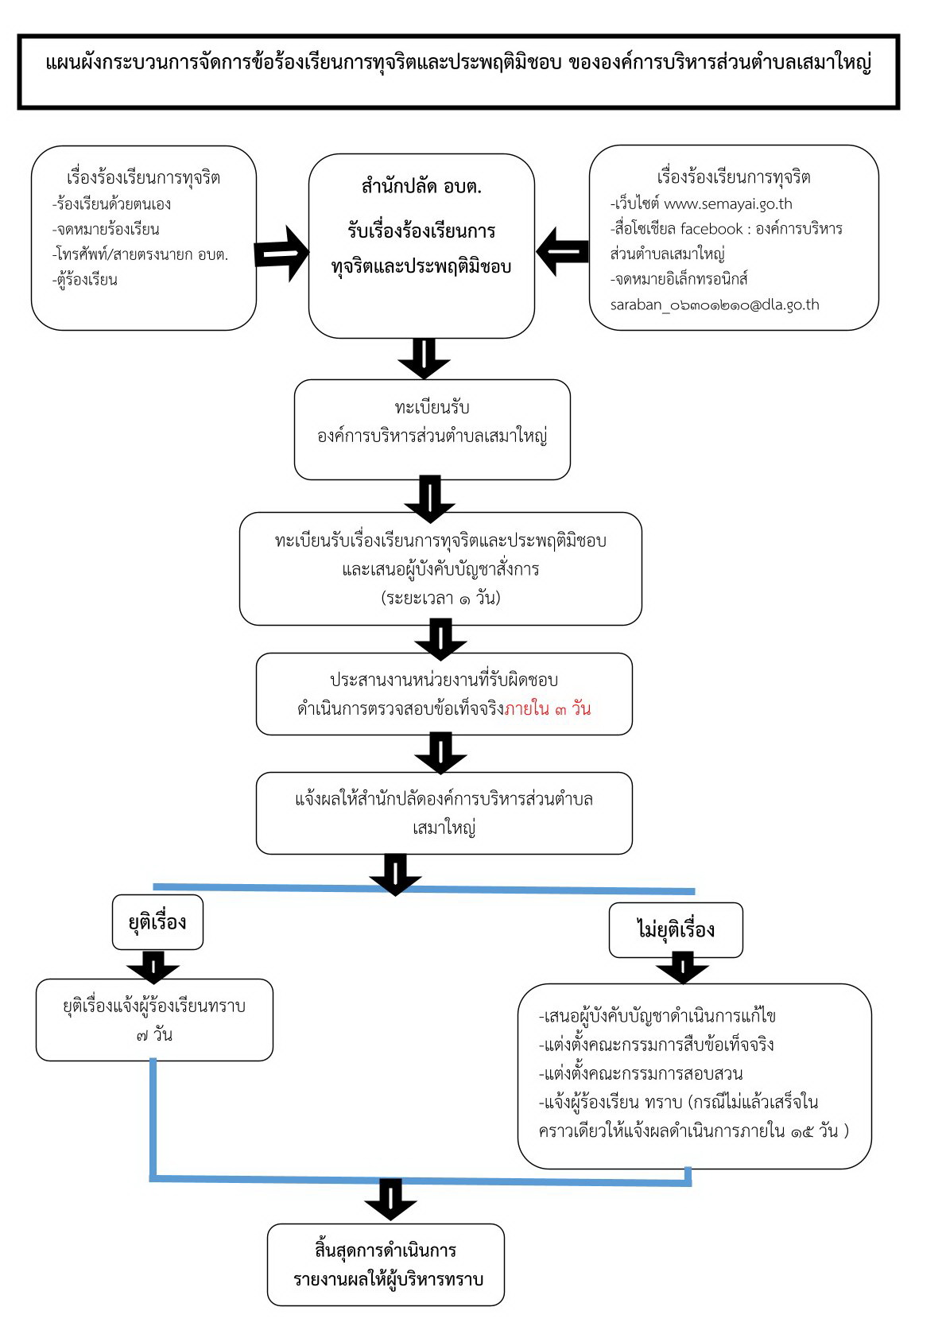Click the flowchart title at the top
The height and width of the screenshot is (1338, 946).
459,64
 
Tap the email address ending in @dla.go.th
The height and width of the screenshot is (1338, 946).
714,304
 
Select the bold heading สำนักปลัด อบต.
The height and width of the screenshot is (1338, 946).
421,188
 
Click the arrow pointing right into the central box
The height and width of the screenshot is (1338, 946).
281,253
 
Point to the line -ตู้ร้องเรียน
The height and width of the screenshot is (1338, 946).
85,280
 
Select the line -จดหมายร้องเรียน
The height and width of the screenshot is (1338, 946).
106,229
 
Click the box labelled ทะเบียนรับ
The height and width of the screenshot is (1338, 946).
432,429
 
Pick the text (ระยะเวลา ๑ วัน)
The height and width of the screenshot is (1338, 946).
440,598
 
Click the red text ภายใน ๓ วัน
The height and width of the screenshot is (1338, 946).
548,708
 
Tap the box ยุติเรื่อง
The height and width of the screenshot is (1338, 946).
157,922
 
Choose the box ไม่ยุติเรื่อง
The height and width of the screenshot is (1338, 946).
676,929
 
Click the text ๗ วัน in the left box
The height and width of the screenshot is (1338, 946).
154,1035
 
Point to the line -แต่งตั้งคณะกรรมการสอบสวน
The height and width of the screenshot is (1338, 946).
641,1073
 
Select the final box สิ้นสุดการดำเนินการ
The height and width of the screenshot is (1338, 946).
386,1264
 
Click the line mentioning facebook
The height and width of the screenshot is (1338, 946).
726,229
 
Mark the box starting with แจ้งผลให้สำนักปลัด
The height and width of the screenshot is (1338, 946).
444,812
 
